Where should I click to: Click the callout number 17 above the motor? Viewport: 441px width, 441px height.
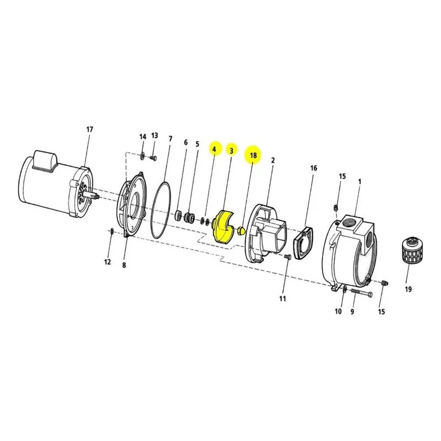coord(89,130)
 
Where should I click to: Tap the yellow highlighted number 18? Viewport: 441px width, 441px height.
coord(253,155)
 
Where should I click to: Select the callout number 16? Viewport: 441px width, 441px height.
coord(314,168)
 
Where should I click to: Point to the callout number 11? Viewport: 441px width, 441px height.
coord(282,298)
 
